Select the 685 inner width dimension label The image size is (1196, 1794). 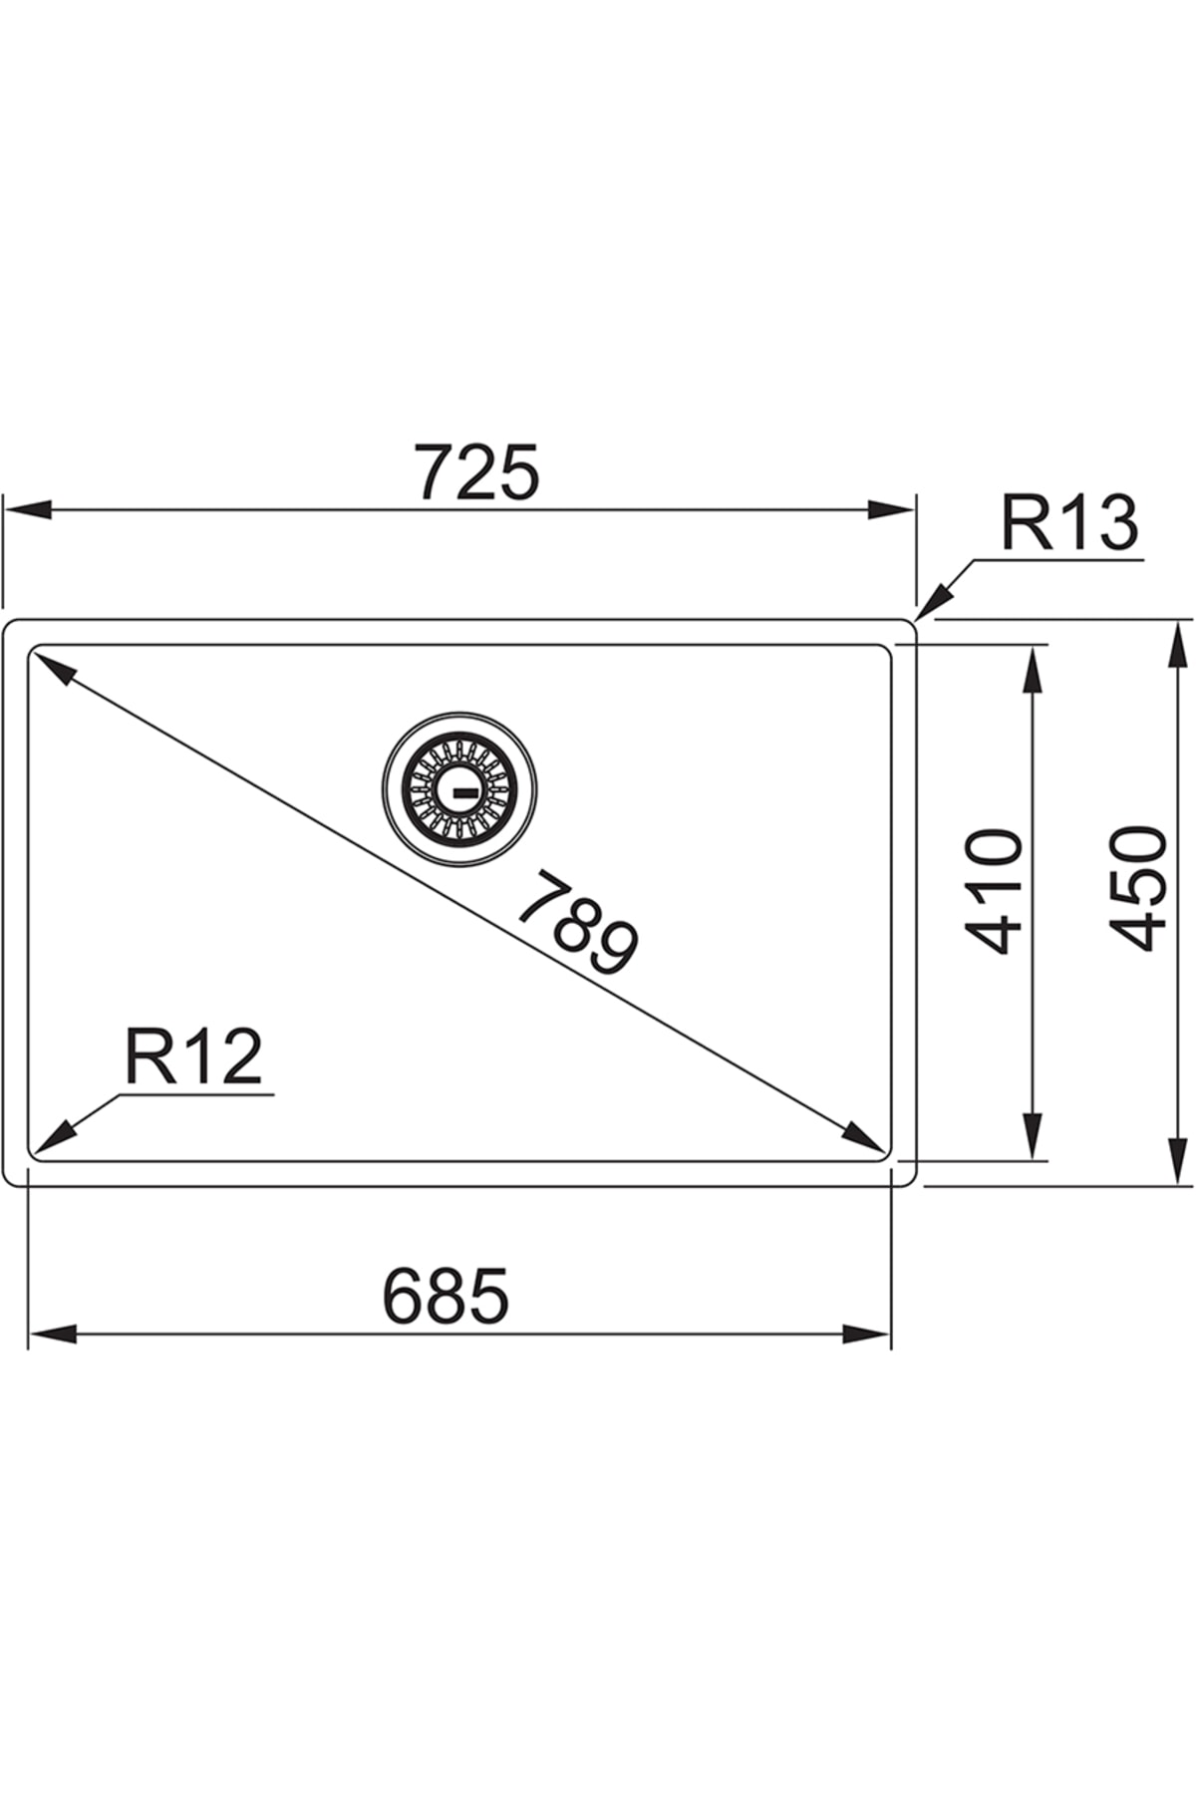tap(446, 1296)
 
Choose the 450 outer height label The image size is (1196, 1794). tap(1138, 888)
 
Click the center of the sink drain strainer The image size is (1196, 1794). tap(458, 788)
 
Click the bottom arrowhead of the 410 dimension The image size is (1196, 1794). tap(1033, 1136)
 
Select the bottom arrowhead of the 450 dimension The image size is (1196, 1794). tap(1180, 1161)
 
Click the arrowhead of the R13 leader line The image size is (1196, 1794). tap(932, 604)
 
